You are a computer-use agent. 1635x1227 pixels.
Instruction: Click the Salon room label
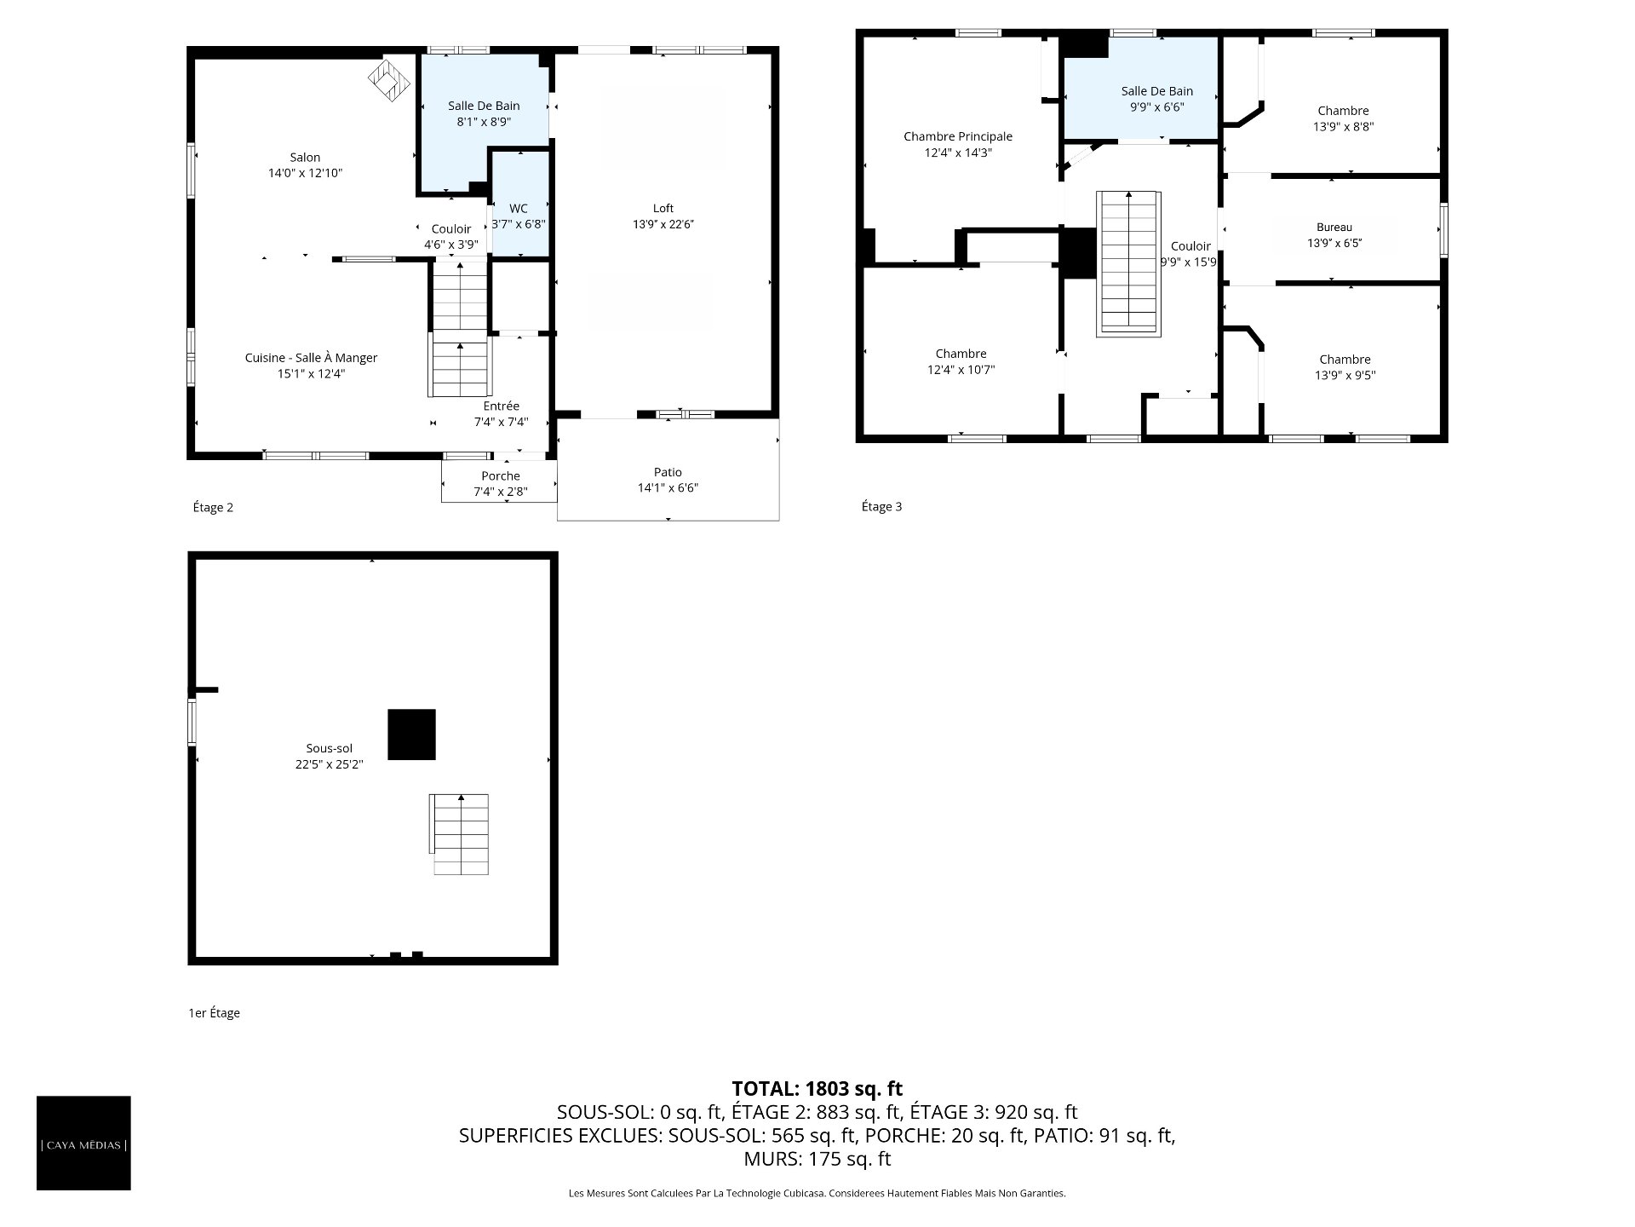[305, 158]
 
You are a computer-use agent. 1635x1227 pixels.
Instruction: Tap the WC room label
[519, 209]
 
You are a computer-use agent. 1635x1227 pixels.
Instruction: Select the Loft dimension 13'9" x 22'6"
[663, 224]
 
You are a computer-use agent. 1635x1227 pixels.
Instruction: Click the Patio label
[668, 472]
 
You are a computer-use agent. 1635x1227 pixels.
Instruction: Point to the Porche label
[501, 476]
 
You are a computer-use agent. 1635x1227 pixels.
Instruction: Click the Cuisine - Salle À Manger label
[311, 358]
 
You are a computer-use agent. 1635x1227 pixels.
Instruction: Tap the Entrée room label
[501, 406]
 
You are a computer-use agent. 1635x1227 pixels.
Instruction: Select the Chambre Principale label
[958, 136]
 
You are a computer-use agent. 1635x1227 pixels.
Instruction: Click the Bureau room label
[1334, 228]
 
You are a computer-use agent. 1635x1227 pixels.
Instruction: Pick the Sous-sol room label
[330, 749]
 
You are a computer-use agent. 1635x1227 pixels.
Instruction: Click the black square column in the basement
[411, 734]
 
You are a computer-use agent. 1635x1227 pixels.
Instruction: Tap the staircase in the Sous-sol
[459, 834]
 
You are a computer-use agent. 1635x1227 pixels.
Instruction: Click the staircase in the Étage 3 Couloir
[1128, 262]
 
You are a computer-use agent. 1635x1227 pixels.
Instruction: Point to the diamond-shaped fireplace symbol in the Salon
[389, 79]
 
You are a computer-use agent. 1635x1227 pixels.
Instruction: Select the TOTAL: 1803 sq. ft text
[817, 1088]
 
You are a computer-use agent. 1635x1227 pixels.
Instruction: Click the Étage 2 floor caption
[213, 508]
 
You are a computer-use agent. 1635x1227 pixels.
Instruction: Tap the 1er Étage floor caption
[215, 1013]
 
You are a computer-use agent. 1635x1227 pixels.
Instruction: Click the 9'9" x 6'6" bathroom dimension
[1157, 107]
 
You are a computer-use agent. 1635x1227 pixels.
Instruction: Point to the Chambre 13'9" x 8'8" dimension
[1344, 127]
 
